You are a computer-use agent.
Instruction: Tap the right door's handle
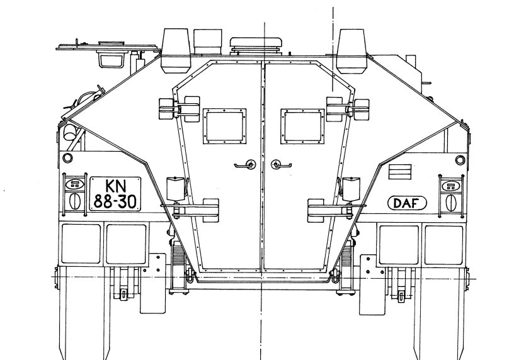[x=281, y=164]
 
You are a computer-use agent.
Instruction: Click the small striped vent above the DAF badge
[x=400, y=171]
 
